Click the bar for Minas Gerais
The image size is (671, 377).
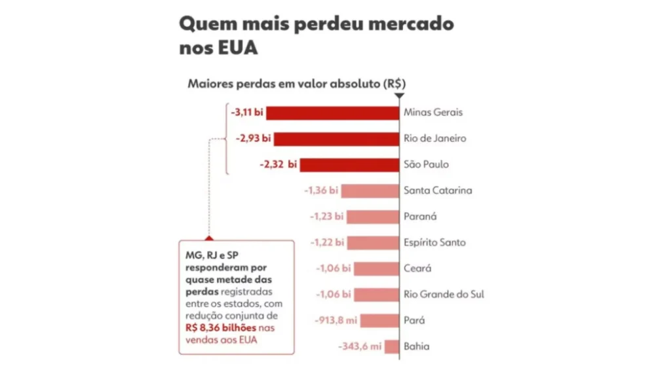(332, 113)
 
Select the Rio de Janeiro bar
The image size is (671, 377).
(336, 139)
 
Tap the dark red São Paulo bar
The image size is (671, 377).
(349, 165)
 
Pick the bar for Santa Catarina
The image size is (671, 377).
(370, 191)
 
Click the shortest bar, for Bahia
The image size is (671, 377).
(392, 347)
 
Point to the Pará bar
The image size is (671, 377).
(379, 321)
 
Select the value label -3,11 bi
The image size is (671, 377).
(247, 113)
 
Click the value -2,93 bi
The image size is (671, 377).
(254, 139)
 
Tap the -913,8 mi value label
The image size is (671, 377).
(336, 321)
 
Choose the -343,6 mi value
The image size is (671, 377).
(360, 347)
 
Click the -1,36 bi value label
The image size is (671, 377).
(321, 190)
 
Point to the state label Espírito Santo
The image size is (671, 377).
(434, 243)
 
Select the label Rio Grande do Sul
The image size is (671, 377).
(444, 295)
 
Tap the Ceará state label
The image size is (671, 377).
(417, 268)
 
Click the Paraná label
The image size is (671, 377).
(420, 217)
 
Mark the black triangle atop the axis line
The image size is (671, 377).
(399, 96)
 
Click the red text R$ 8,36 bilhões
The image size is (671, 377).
(221, 329)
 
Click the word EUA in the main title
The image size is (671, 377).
(238, 48)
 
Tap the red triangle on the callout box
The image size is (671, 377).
(209, 238)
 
